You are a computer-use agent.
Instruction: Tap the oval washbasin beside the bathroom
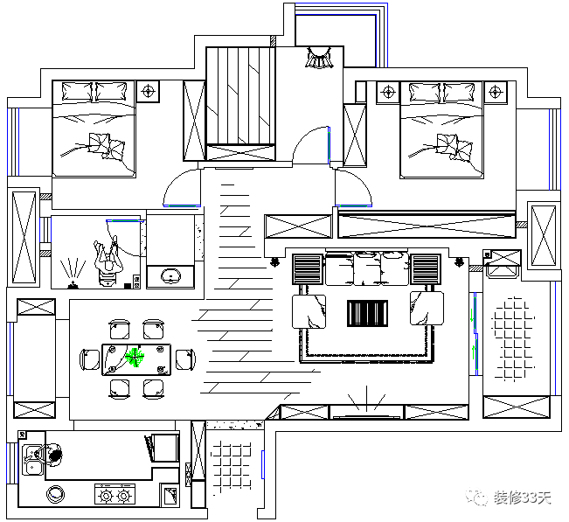169,277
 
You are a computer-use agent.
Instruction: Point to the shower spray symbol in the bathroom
73,271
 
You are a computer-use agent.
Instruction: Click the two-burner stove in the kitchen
114,496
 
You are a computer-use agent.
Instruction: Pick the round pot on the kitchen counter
57,494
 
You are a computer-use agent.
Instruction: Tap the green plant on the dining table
134,356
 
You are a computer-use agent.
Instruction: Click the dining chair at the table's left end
90,358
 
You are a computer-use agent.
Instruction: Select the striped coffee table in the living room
366,312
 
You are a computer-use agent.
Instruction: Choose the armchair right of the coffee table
427,309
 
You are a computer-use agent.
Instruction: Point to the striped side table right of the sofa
426,268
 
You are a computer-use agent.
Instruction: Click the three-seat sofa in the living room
367,268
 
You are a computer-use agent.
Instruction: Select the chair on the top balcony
319,59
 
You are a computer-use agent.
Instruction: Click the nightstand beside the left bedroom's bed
149,90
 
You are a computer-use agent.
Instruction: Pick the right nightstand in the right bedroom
496,91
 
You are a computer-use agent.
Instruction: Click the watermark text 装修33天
523,498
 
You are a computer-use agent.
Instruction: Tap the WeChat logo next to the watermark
479,498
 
